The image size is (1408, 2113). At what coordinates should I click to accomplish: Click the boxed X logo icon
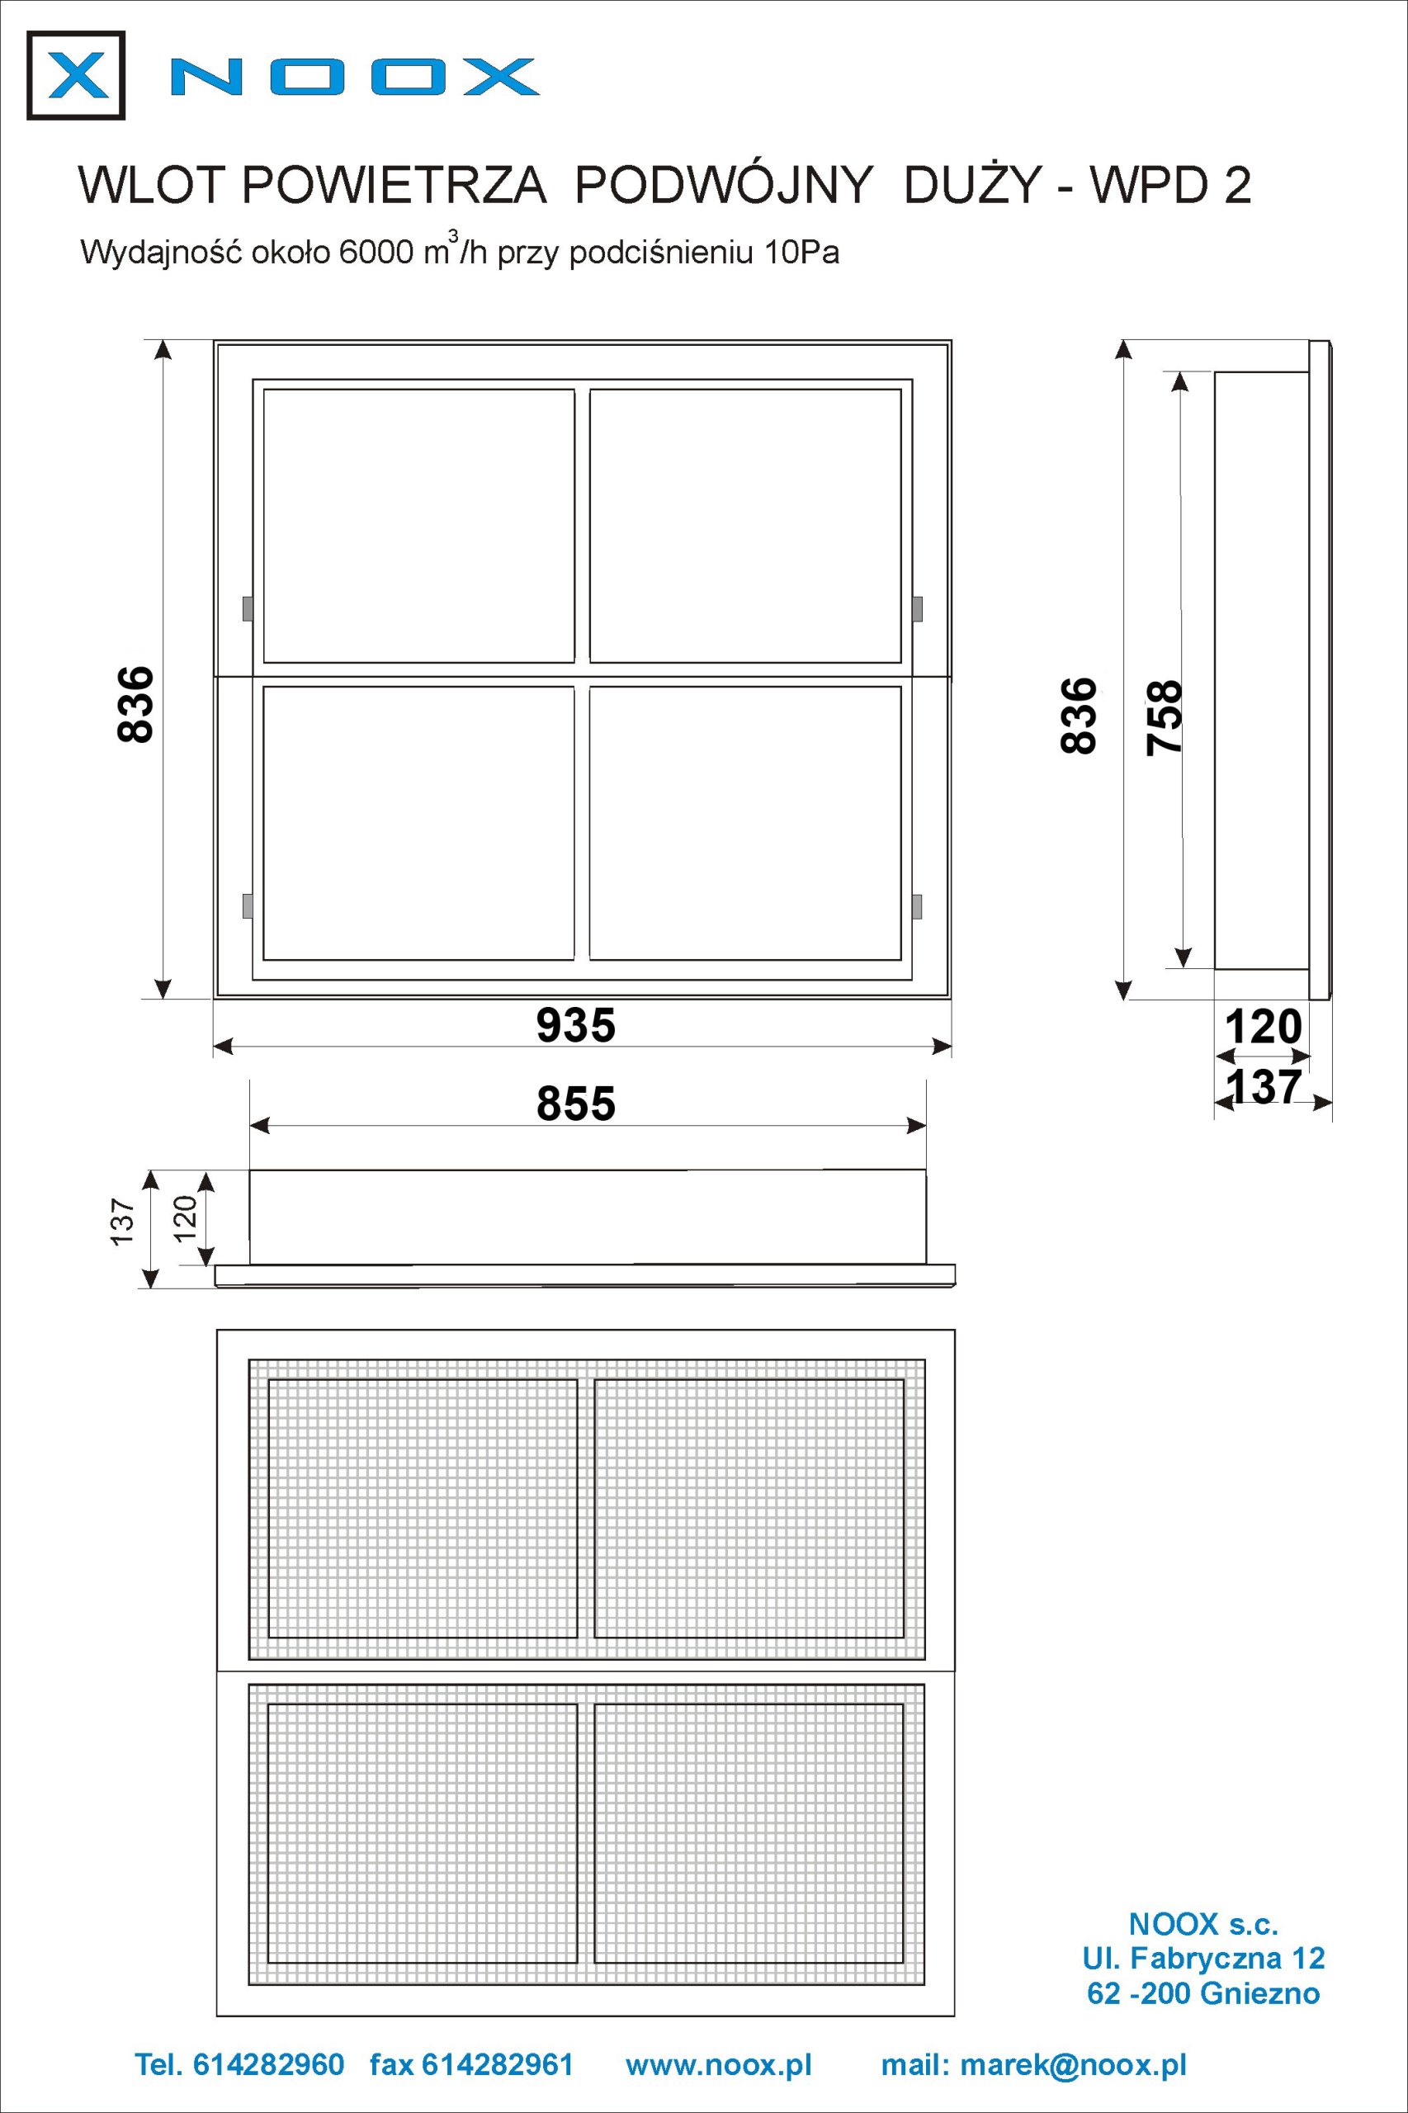click(75, 75)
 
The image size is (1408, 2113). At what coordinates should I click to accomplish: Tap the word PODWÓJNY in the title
click(723, 185)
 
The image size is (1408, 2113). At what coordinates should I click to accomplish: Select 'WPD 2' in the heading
click(1169, 186)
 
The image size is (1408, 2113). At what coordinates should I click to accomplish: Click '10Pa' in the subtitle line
click(802, 253)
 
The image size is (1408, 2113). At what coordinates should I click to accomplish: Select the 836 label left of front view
click(135, 704)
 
